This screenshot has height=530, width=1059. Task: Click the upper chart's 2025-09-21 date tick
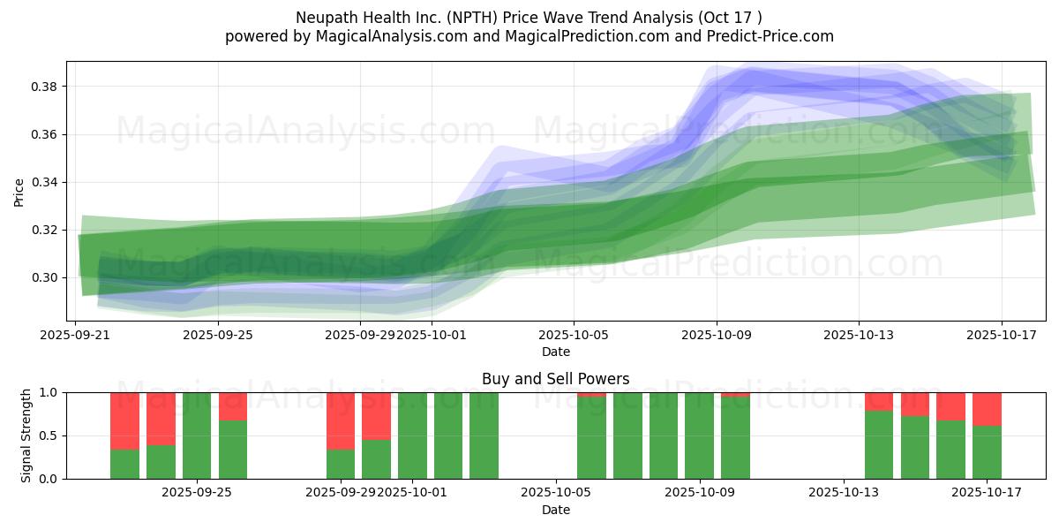pos(75,335)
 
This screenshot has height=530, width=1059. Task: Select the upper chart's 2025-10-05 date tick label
pos(574,335)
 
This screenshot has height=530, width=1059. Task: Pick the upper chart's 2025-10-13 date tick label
pos(859,335)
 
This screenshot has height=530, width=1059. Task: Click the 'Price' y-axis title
pos(19,192)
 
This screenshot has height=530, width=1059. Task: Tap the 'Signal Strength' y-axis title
pos(26,435)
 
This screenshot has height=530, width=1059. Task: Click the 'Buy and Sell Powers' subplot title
pos(556,379)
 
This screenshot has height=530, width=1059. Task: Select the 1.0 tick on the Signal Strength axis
pos(49,392)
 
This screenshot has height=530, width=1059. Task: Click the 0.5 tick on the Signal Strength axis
pos(49,435)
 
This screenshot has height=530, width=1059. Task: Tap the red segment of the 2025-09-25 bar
pos(233,406)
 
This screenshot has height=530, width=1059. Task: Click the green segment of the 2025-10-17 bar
pos(987,452)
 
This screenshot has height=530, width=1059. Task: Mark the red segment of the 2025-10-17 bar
pos(987,409)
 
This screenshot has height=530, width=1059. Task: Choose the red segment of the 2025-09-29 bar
pos(341,420)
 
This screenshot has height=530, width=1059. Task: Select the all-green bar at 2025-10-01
pos(412,435)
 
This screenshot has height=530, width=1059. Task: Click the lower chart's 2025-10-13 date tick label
pos(845,492)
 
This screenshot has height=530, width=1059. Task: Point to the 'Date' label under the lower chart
pos(556,510)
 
